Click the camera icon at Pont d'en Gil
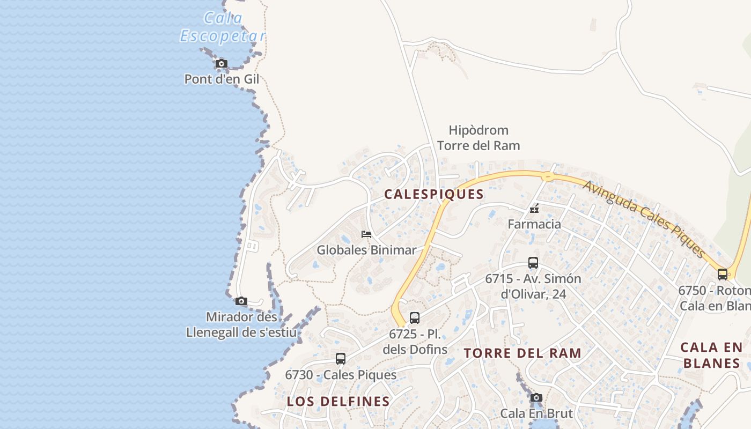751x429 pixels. point(221,64)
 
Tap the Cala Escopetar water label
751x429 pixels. point(223,27)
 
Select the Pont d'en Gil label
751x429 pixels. point(222,79)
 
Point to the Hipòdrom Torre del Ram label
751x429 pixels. point(478,138)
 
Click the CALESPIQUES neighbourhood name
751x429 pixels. point(434,194)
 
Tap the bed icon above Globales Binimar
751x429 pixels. point(366,234)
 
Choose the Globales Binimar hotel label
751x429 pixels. point(366,250)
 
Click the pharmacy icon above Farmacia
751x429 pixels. point(534,208)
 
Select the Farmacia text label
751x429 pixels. point(534,224)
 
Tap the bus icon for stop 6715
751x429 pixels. point(533,263)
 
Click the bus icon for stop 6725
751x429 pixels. point(415,318)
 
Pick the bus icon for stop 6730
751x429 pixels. point(341,359)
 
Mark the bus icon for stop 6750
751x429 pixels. point(723,275)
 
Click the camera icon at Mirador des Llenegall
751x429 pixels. point(241,301)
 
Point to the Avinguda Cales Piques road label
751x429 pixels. point(643,218)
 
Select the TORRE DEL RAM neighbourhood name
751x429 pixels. point(522,353)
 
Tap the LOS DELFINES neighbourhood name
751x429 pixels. point(338,401)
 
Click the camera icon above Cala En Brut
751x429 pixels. point(536,398)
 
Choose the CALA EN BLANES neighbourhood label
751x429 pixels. point(711,355)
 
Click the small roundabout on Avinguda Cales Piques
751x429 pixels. point(548,176)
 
